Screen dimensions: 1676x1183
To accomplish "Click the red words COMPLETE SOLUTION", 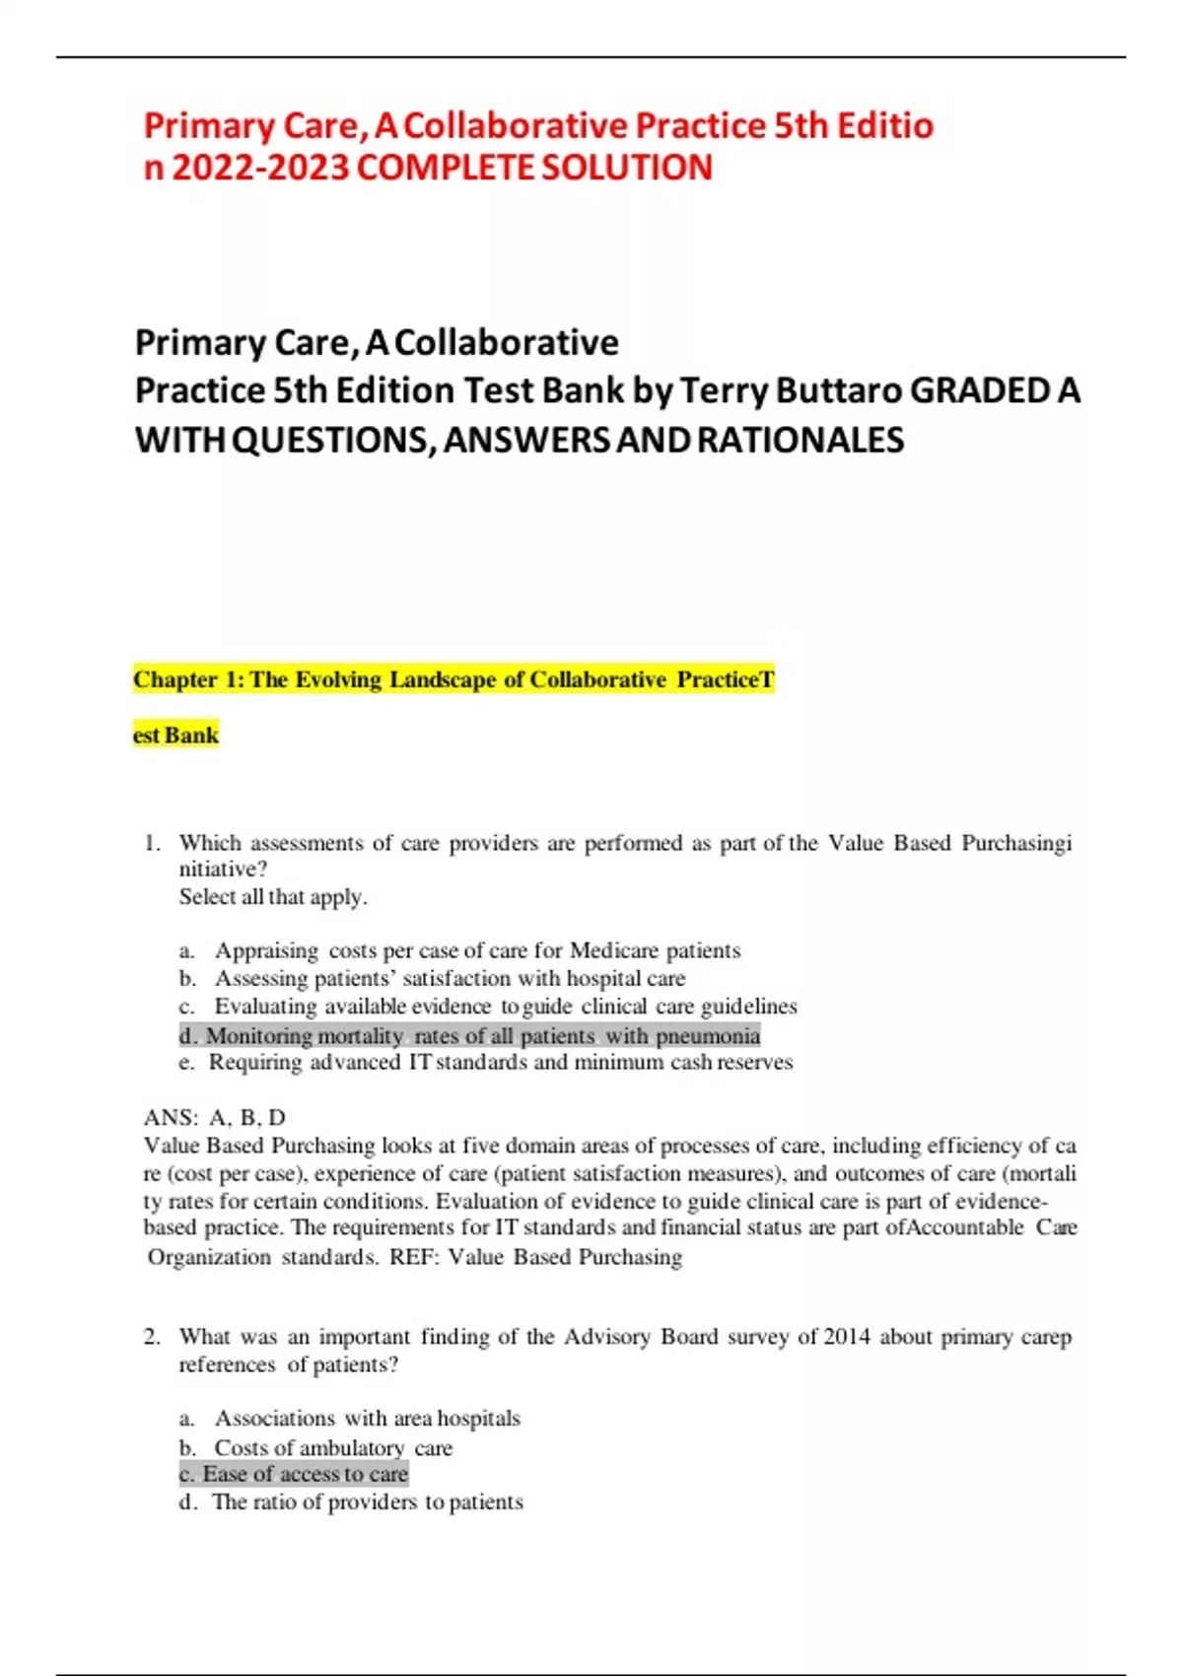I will point(533,169).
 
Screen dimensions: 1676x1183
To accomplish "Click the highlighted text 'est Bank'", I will point(176,735).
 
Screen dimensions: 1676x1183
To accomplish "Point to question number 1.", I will point(152,844).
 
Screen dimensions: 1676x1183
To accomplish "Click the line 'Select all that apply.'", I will point(273,897).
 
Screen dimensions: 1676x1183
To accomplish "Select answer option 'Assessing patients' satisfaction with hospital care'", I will point(450,979).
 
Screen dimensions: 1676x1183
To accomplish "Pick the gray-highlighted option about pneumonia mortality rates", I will point(469,1036).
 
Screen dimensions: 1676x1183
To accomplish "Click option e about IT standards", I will point(500,1063).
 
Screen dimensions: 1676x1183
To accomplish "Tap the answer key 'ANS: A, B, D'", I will point(215,1118).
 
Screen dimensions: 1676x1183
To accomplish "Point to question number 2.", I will point(152,1338).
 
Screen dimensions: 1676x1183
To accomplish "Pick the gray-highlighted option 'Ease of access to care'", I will point(294,1475).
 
